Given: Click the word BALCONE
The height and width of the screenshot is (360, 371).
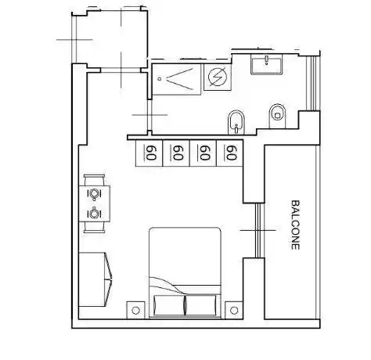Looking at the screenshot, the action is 295,225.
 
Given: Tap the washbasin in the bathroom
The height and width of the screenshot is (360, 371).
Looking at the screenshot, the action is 266,64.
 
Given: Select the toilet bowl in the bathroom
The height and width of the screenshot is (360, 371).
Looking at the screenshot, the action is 277,116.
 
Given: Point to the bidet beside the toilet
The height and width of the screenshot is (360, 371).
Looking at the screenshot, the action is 236,122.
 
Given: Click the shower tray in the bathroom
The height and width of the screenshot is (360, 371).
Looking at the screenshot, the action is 176,79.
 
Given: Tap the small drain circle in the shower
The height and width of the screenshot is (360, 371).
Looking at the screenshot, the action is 160,79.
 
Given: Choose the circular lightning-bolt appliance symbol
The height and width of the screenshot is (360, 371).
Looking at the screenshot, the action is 217,77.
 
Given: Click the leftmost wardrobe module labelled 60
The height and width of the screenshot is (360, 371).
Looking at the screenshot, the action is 149,153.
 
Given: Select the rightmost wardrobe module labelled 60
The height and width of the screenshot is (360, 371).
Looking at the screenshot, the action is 229,153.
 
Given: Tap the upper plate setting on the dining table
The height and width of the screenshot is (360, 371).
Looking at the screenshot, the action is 94,193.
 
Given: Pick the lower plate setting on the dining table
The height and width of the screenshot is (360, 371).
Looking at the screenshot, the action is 94,214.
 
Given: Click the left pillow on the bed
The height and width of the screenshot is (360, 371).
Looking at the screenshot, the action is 170,305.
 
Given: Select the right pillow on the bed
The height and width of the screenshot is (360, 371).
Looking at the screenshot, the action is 200,305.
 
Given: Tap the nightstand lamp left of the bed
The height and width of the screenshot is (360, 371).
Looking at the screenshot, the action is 135,310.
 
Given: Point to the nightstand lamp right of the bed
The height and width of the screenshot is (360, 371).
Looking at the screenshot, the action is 234,310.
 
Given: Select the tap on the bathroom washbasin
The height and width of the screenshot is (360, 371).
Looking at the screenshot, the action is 266,60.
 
